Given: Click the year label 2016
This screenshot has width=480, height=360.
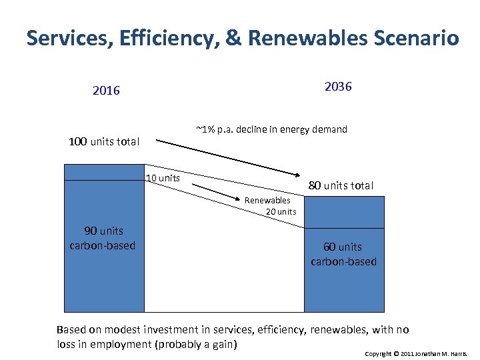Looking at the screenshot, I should [x=106, y=91].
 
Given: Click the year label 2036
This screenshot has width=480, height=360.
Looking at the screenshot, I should [x=338, y=87].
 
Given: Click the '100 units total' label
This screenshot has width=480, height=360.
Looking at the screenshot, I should [x=104, y=141].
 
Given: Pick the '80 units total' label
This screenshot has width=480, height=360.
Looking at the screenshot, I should [x=340, y=185].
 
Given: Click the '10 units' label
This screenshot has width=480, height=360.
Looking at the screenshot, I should [x=163, y=178].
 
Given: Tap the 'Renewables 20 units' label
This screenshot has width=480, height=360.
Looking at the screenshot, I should [x=269, y=206].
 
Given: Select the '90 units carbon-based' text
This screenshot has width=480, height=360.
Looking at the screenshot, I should [x=103, y=238].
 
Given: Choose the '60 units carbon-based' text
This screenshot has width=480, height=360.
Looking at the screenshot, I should [x=343, y=254].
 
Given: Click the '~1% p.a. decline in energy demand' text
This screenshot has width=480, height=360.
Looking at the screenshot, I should [x=271, y=129].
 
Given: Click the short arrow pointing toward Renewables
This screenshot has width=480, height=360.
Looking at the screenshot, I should [x=217, y=192].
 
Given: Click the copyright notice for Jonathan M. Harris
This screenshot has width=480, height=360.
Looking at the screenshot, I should [x=416, y=352].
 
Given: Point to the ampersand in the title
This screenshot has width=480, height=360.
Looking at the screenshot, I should [x=233, y=38].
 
